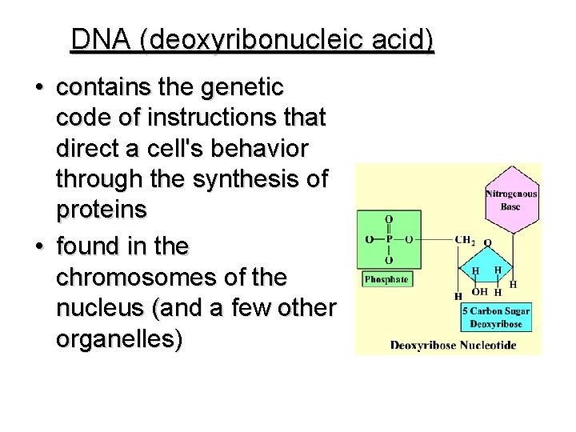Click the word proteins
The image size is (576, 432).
coord(102,210)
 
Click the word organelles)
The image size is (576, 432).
coord(119,339)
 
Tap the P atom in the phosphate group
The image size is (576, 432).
coord(388,238)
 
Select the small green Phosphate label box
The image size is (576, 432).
coord(386,279)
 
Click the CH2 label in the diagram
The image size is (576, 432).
coord(463,239)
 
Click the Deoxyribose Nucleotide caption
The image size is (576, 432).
coord(453,346)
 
